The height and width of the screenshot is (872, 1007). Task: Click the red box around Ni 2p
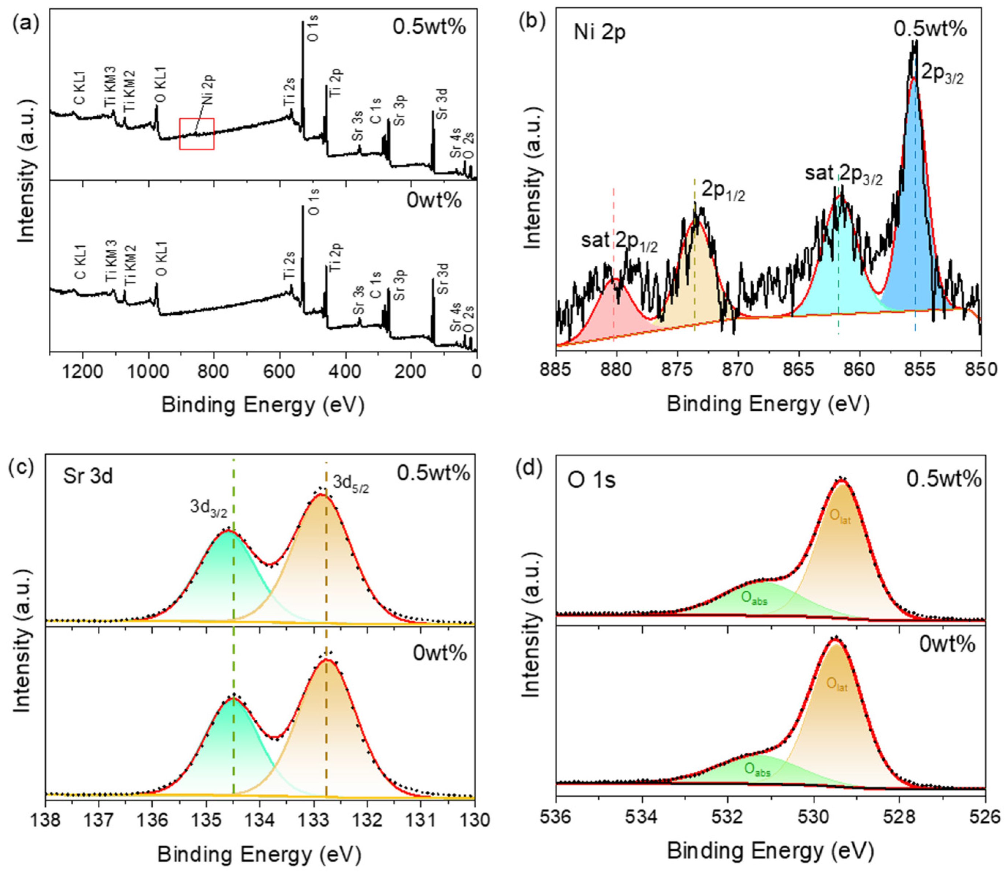[x=179, y=134]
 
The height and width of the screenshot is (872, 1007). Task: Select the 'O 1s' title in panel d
[x=591, y=480]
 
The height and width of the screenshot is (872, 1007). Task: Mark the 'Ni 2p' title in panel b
[x=600, y=33]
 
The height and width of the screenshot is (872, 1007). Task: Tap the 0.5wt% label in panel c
[x=434, y=473]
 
